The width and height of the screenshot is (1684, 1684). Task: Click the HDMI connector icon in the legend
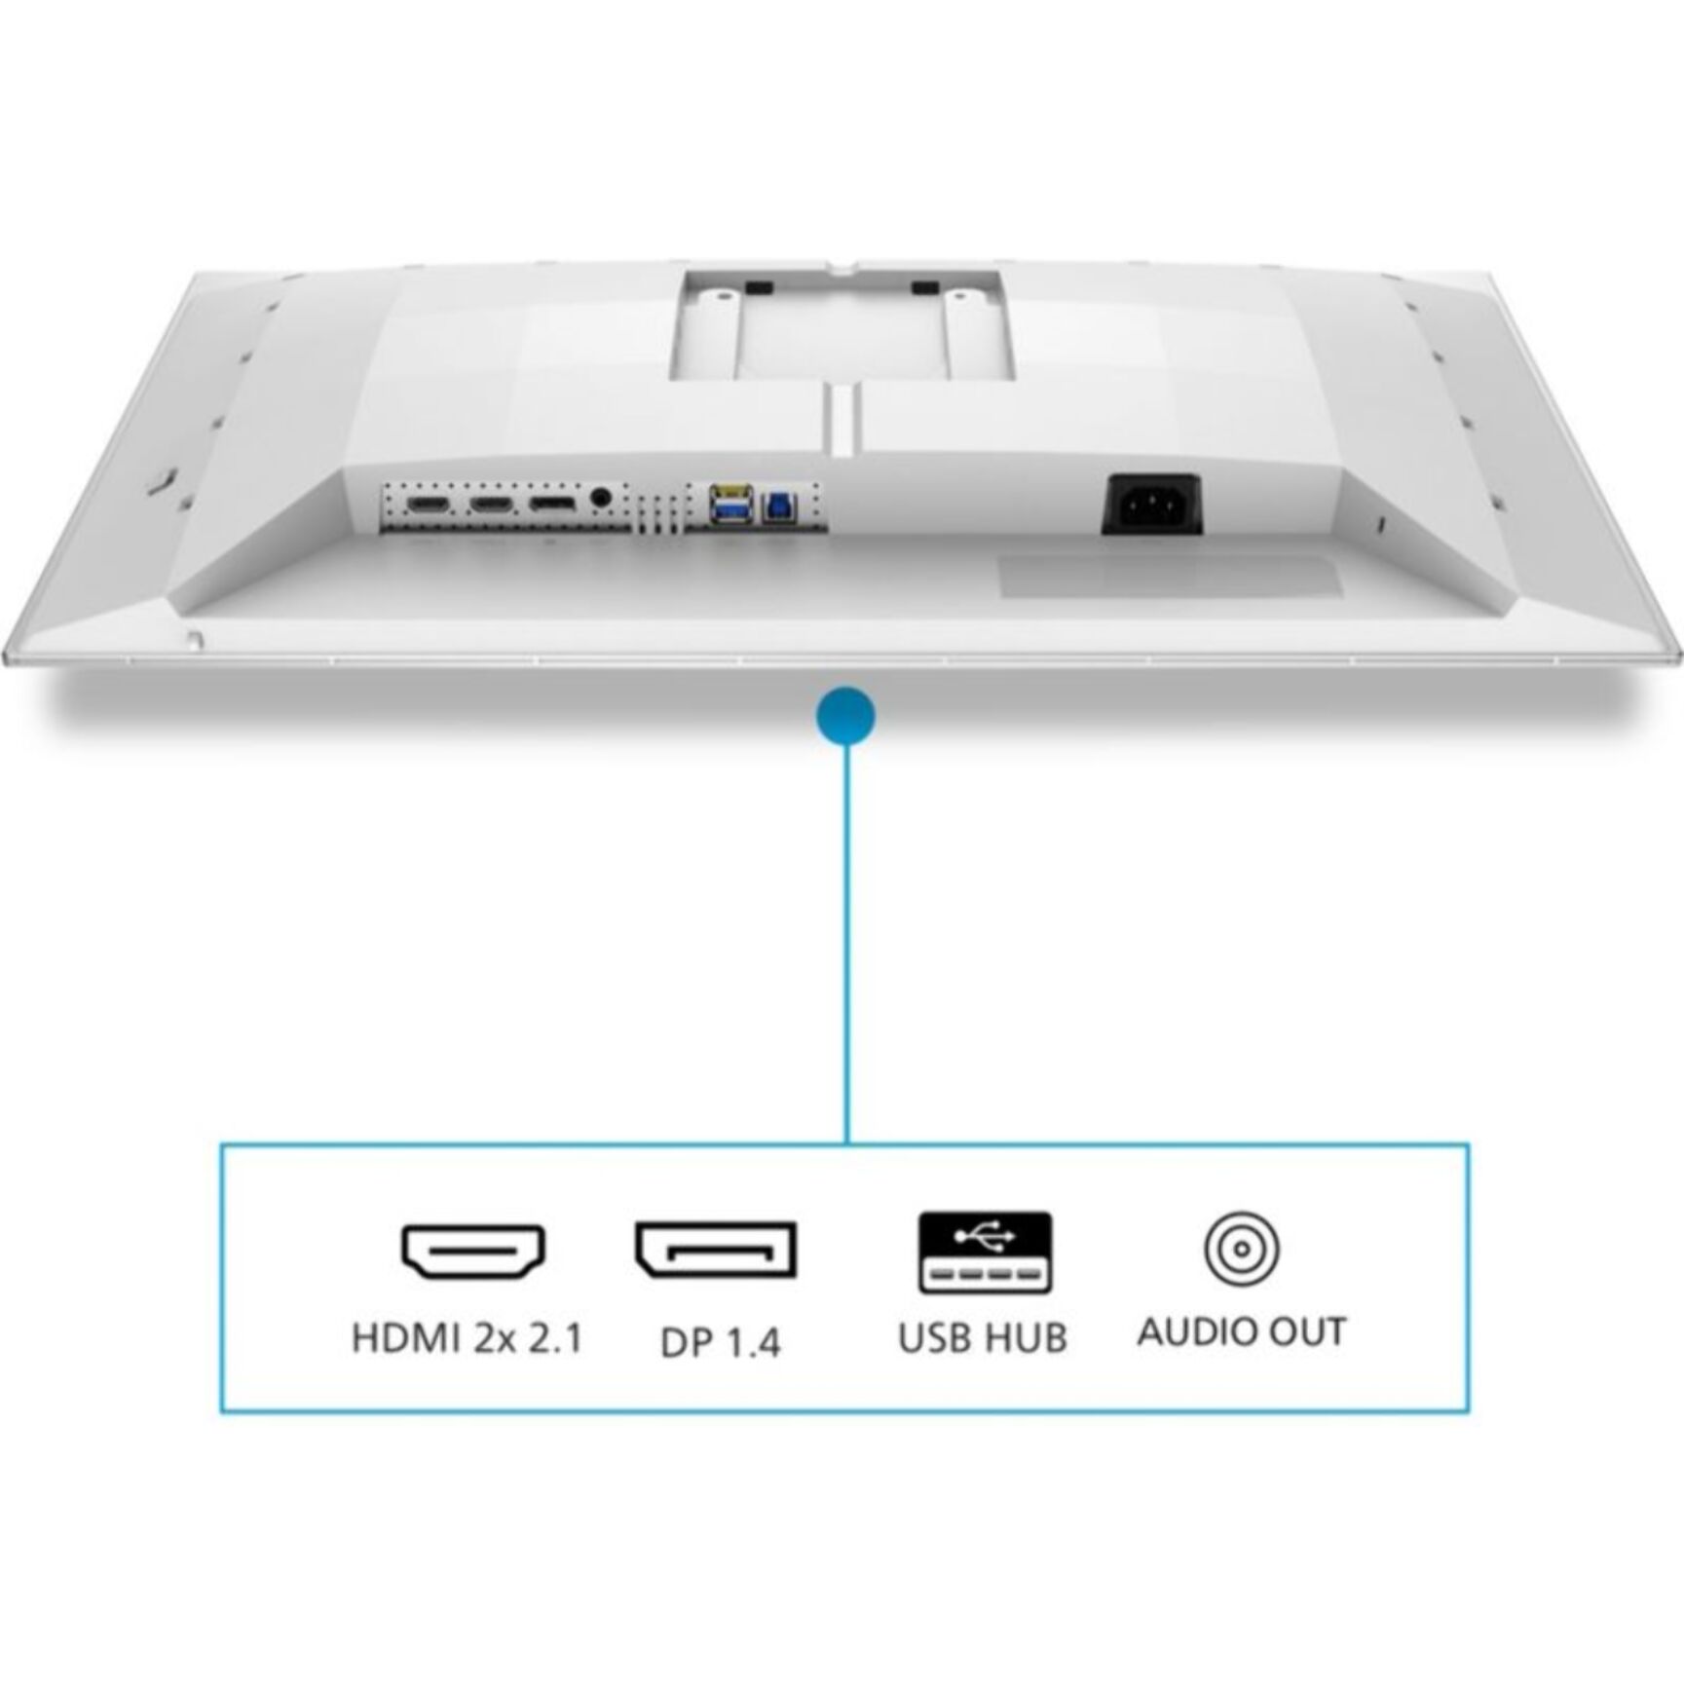click(472, 1251)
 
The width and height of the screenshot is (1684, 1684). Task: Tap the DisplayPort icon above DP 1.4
click(716, 1249)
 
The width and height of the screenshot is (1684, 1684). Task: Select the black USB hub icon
click(985, 1253)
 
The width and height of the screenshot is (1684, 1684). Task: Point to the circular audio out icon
click(1241, 1249)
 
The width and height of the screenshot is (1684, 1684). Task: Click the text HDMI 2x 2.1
click(468, 1338)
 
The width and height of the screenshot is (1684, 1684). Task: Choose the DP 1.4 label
click(720, 1343)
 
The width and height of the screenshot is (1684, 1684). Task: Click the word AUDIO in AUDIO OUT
click(1192, 1331)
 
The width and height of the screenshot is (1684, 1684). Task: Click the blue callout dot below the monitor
click(846, 716)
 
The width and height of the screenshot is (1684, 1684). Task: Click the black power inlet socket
click(1151, 504)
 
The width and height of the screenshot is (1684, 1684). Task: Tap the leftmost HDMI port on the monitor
click(427, 504)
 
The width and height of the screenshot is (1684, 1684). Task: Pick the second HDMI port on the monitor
click(490, 504)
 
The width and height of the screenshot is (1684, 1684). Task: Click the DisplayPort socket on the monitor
click(551, 503)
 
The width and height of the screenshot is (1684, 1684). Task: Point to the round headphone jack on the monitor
click(600, 498)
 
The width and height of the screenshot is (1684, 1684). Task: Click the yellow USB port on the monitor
click(730, 491)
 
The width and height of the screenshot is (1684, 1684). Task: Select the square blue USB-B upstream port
click(777, 505)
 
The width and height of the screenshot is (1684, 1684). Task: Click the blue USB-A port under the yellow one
click(730, 509)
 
